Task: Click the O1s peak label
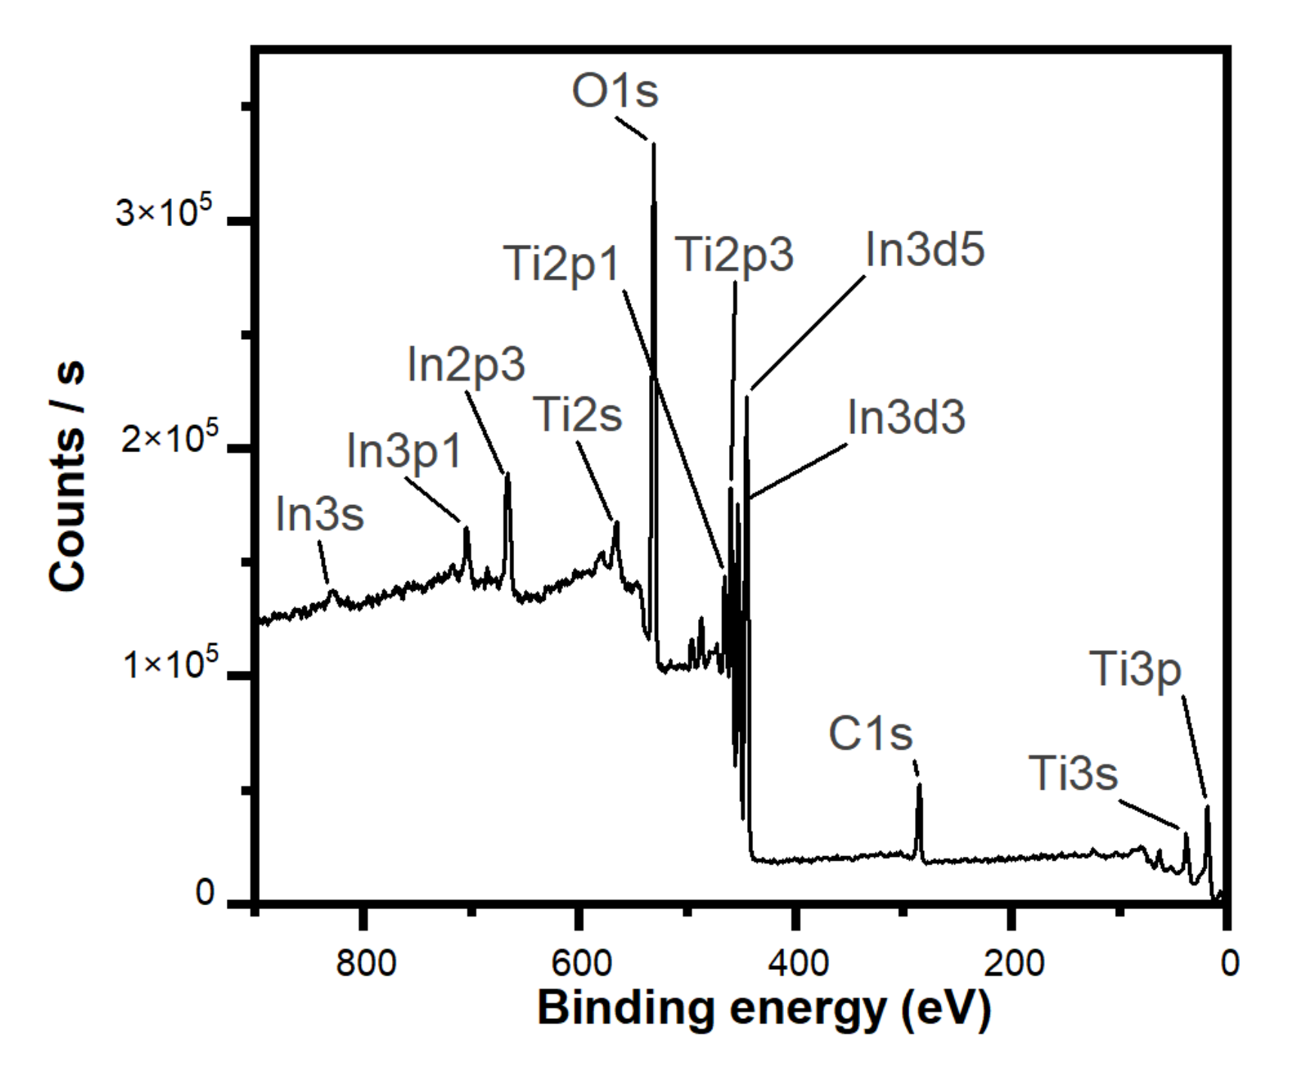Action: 615,91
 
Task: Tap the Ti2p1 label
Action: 561,264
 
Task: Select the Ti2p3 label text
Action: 733,254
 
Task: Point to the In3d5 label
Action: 925,249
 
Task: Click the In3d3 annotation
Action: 906,417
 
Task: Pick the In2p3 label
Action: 466,365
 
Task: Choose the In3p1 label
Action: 404,451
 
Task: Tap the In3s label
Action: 320,515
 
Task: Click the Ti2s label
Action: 577,415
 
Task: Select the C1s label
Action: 870,733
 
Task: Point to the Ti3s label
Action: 1073,773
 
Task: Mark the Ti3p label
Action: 1135,669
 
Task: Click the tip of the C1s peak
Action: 919,786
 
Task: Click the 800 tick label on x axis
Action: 366,963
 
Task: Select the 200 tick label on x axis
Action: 1014,963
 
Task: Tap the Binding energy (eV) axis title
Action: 764,1008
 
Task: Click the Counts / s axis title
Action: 67,476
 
